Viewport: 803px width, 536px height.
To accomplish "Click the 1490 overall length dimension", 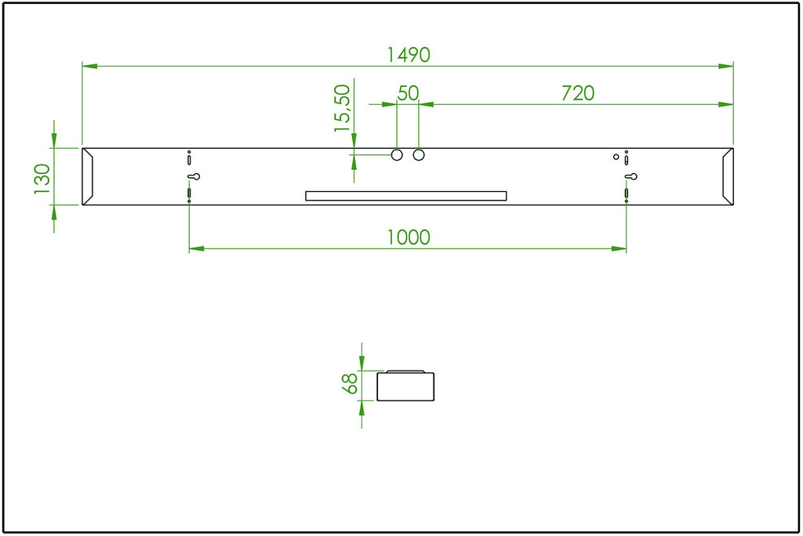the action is [408, 55].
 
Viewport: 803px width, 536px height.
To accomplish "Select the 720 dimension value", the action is [578, 93].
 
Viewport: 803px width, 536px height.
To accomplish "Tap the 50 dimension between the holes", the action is [408, 93].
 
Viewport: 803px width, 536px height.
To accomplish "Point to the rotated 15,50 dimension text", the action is [342, 108].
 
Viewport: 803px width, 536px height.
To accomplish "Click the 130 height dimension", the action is [42, 179].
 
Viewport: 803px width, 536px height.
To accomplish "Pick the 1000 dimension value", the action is [408, 237].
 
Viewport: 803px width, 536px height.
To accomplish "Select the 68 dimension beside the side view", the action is [350, 383].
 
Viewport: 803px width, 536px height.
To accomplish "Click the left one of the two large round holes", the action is [397, 154].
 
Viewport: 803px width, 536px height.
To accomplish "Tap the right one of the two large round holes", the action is [419, 154].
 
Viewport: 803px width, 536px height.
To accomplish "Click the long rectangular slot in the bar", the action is [406, 196].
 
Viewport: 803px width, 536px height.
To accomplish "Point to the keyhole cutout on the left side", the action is [194, 176].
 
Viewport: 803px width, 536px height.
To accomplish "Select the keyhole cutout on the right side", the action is [631, 176].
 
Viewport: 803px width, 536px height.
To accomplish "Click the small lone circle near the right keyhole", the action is [616, 157].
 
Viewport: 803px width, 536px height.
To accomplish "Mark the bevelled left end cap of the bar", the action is [88, 176].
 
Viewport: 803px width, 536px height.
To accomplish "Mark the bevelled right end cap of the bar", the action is [728, 176].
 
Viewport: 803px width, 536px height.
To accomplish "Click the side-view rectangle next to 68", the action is [405, 386].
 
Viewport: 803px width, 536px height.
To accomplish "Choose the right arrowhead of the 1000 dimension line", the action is [619, 249].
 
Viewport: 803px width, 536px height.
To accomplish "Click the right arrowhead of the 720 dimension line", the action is [725, 104].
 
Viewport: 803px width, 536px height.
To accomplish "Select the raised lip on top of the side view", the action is [405, 371].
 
